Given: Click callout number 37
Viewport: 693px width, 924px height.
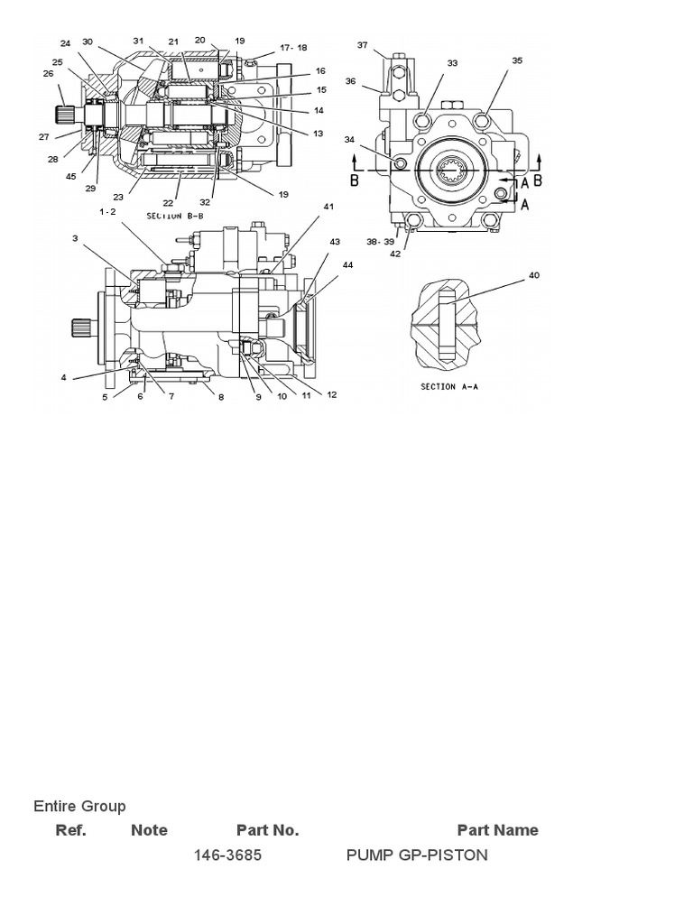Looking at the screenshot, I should click(362, 44).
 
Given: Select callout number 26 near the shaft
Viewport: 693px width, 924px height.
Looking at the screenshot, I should click(48, 73).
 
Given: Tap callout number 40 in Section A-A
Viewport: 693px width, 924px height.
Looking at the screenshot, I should click(534, 275).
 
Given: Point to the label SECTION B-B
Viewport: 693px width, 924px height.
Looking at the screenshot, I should click(177, 216).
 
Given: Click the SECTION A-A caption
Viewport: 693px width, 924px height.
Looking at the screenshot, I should click(451, 386).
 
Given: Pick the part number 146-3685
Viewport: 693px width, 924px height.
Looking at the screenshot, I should click(227, 855).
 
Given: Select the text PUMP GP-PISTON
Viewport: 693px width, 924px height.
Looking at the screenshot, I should click(417, 855).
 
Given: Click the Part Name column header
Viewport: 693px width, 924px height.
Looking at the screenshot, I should click(497, 830).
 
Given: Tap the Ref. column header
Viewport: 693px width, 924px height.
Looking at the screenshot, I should click(71, 830).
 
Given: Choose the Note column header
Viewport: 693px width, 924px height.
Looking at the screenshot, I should click(149, 830).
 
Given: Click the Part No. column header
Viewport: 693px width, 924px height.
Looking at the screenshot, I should click(267, 830).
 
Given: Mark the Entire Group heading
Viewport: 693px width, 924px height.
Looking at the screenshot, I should click(79, 806).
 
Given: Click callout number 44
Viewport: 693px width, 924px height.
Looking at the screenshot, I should click(347, 263).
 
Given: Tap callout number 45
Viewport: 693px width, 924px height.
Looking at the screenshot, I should click(70, 176).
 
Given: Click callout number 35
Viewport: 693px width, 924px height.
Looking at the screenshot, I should click(517, 60).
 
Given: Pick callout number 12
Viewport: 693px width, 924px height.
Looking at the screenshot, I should click(332, 394).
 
